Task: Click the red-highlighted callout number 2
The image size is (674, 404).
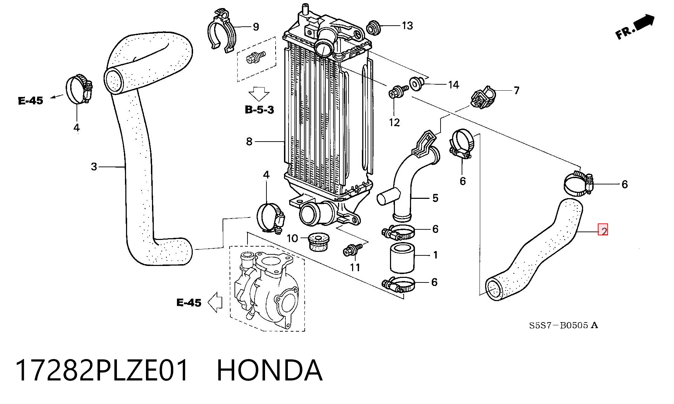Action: (603, 231)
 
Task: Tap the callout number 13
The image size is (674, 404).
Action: (407, 26)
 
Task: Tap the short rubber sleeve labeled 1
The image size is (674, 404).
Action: (402, 259)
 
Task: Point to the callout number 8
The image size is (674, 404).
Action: (249, 142)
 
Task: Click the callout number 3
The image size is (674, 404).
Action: (94, 167)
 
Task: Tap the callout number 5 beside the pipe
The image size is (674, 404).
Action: (435, 198)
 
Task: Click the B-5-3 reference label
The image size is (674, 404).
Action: (259, 110)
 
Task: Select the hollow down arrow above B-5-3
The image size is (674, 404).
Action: (259, 94)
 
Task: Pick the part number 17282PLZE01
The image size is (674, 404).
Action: (102, 370)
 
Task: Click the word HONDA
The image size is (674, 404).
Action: (269, 370)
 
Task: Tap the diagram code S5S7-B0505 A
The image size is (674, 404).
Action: (564, 325)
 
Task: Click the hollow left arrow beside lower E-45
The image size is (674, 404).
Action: (215, 302)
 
